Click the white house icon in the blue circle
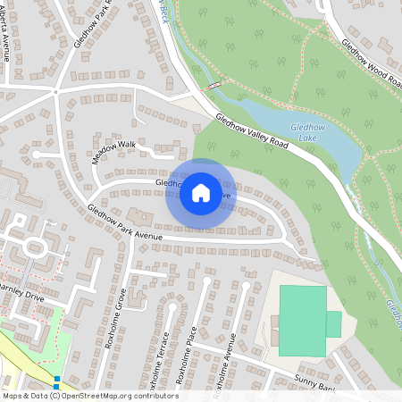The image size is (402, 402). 200,193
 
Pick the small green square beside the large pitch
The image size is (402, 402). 333,323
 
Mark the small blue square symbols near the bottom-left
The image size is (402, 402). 56,383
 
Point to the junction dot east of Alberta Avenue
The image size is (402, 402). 55,91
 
